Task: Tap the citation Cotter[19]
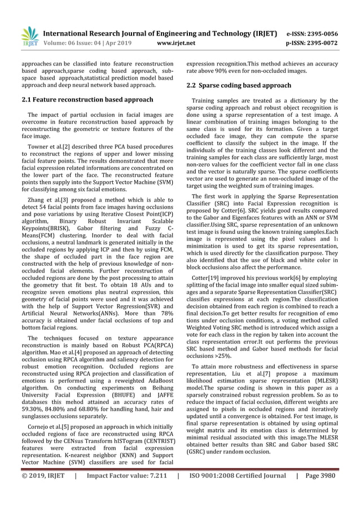(x=207, y=278)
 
